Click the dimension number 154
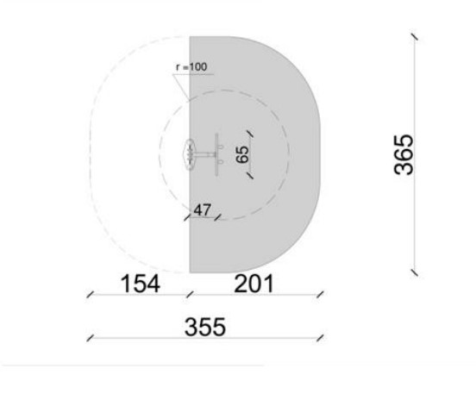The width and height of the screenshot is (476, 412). pos(141,284)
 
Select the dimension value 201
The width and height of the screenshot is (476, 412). pos(254,284)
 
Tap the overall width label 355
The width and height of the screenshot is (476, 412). pos(205,327)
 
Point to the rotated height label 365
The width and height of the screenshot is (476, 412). pos(404,155)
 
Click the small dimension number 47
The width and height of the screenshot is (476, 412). pos(202,210)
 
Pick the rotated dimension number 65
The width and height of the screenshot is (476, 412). pos(242,154)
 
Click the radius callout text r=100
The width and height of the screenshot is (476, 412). pos(191,67)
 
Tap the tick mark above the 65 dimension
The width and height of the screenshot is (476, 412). pos(250,134)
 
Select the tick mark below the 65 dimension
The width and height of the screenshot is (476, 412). pos(250,176)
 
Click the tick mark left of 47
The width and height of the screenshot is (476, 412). pos(187,217)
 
